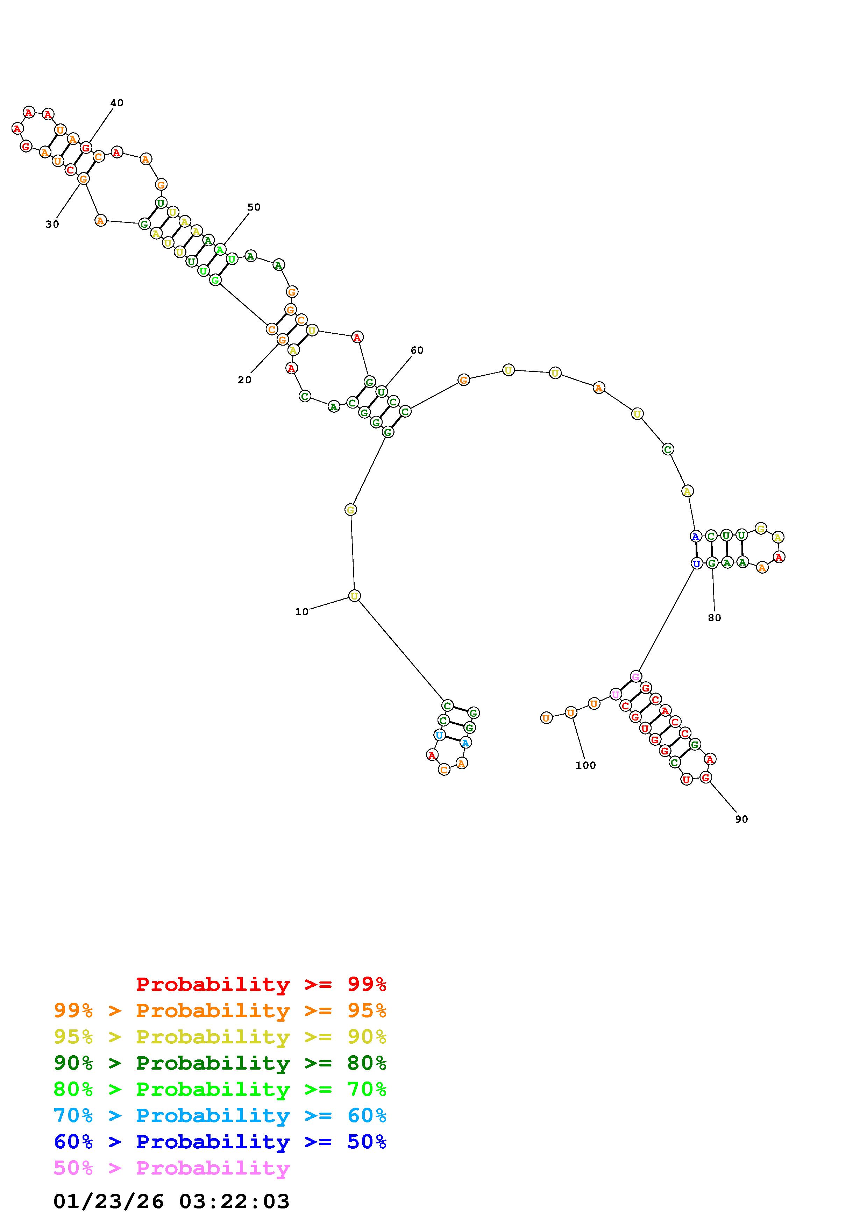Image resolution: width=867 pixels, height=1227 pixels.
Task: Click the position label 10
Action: pos(302,612)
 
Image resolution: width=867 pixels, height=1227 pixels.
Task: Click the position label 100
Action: pos(585,765)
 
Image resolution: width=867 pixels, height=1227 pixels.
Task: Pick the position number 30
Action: pos(52,225)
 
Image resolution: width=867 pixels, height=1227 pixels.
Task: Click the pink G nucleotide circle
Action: pos(635,676)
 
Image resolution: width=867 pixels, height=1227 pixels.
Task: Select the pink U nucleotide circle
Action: pos(616,694)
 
